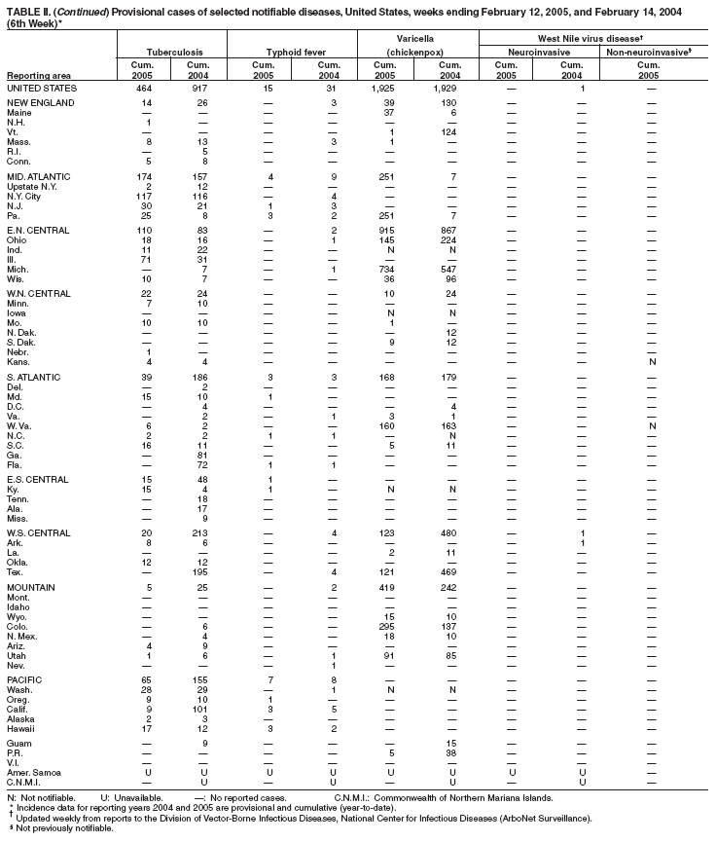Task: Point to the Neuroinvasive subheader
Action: click(x=533, y=47)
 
